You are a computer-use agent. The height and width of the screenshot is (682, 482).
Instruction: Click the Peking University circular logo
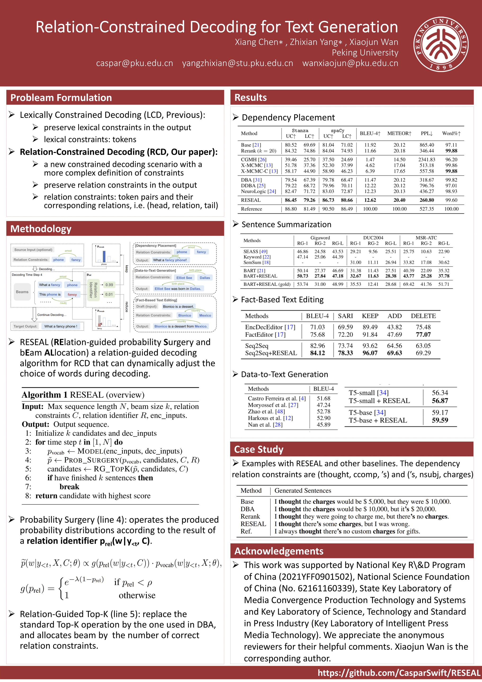click(441, 44)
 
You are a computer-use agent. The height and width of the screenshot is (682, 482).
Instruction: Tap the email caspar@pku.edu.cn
click(134, 63)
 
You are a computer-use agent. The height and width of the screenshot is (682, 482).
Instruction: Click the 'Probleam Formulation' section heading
click(61, 98)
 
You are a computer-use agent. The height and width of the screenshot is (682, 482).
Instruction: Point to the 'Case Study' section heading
click(259, 449)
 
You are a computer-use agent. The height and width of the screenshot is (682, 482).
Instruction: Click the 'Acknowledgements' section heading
click(279, 551)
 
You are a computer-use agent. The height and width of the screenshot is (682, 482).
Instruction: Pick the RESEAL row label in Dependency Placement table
click(251, 200)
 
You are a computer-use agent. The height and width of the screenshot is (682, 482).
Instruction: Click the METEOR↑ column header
click(399, 133)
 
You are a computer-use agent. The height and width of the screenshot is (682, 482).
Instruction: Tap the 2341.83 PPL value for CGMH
click(426, 160)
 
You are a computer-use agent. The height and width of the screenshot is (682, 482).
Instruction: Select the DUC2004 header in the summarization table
click(373, 238)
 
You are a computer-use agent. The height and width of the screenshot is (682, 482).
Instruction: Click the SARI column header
click(345, 316)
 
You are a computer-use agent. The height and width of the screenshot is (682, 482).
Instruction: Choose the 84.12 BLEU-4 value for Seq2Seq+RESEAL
click(317, 353)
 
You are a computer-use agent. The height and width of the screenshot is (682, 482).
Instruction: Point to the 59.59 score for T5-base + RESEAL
click(440, 420)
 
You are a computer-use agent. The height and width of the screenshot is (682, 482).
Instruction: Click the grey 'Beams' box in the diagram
click(22, 292)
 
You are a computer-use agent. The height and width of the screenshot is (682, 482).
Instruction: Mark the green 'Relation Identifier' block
click(93, 290)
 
